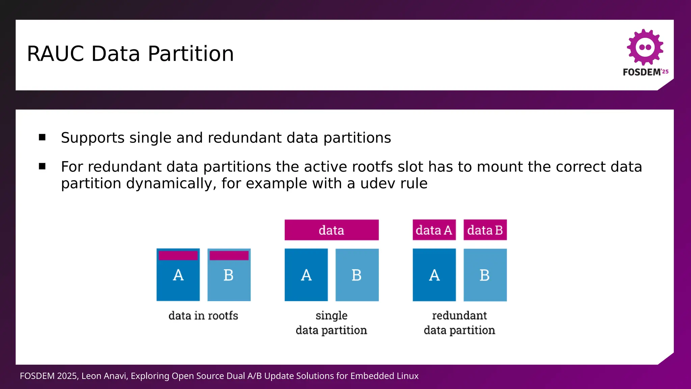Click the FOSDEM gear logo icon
(x=645, y=47)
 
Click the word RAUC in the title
(x=55, y=54)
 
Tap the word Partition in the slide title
(x=191, y=54)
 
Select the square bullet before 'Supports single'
(x=42, y=137)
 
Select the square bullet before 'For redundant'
(x=42, y=166)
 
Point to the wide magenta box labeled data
(x=331, y=230)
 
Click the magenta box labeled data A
(x=434, y=230)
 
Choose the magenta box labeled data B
(x=485, y=230)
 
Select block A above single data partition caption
(x=306, y=275)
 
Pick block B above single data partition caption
(x=357, y=275)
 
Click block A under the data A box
(x=434, y=275)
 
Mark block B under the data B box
(x=485, y=275)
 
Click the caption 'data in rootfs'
(x=203, y=316)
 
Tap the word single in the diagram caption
(x=331, y=316)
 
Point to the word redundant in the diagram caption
(x=459, y=316)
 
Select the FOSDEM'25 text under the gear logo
(x=645, y=72)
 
